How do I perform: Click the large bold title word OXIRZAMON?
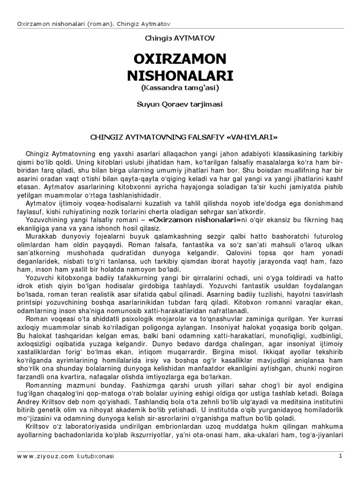click(x=180, y=59)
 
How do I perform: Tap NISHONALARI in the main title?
click(x=180, y=76)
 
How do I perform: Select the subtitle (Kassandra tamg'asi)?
click(x=180, y=88)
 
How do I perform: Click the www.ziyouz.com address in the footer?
click(x=45, y=456)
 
